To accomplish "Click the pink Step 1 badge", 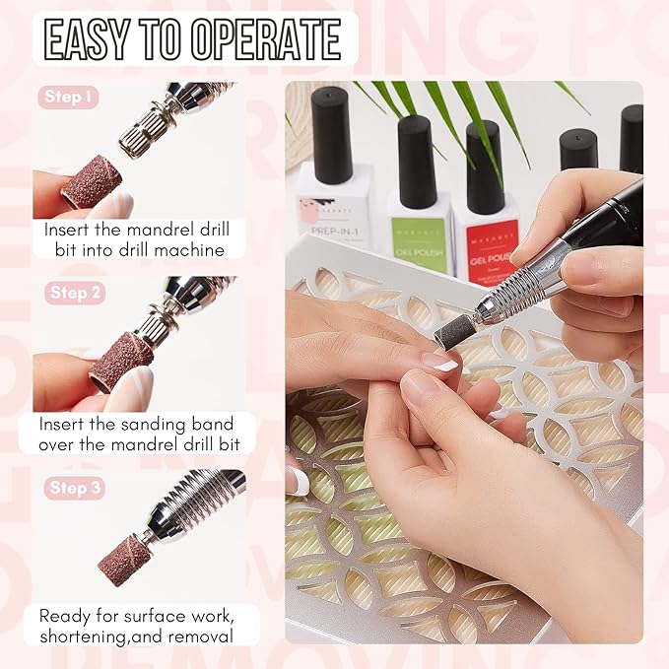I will click(x=69, y=98).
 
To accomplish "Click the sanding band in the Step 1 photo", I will click(x=91, y=181).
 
